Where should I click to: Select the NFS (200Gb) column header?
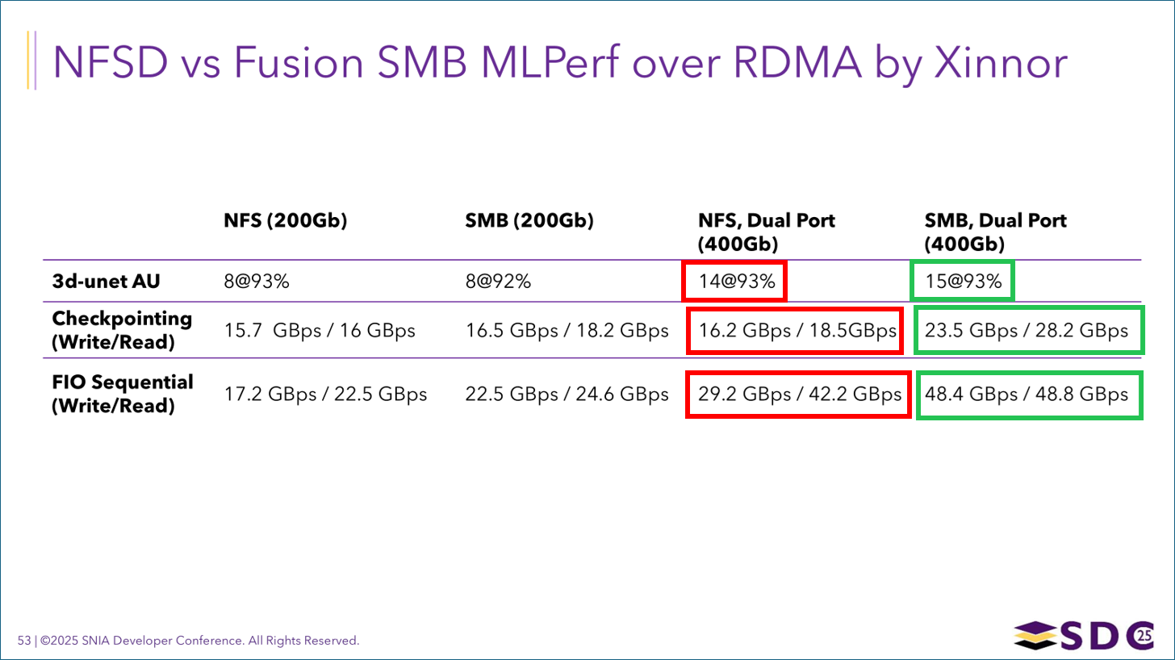[285, 221]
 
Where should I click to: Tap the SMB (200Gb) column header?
[529, 221]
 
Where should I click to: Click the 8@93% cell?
[252, 282]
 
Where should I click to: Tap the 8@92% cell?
[495, 282]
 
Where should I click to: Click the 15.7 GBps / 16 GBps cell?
[320, 331]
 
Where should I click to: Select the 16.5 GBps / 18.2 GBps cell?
[567, 331]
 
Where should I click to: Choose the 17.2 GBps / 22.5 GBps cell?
[325, 395]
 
